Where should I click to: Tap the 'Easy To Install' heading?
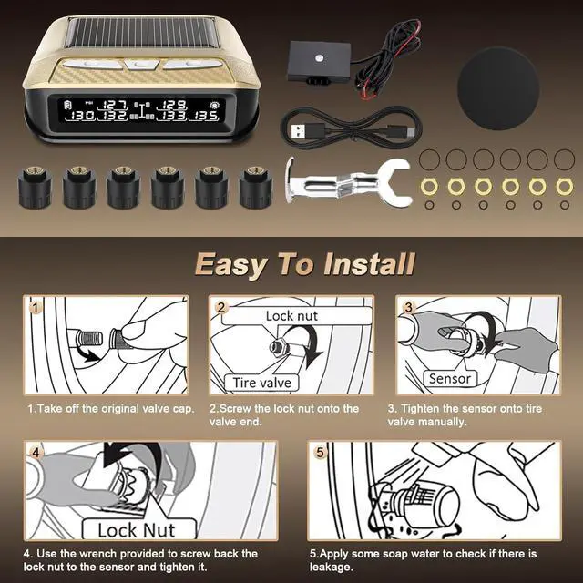tap(305, 265)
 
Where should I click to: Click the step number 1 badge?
tap(35, 308)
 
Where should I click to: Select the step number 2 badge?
tap(220, 308)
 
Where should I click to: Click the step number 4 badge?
tap(35, 451)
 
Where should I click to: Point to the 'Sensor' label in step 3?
tap(449, 378)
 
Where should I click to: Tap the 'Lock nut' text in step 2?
tap(291, 316)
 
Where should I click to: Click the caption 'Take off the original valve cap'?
tap(110, 409)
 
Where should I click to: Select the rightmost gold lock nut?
tap(564, 186)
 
